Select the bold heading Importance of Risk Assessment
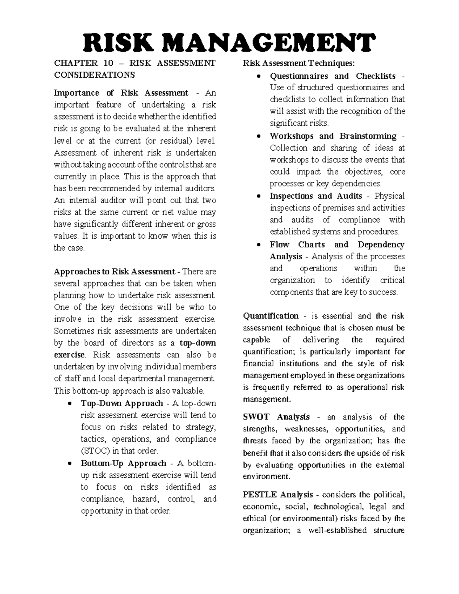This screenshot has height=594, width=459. (121, 93)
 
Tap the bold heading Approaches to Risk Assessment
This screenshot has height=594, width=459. (114, 272)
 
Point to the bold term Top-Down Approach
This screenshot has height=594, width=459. (122, 404)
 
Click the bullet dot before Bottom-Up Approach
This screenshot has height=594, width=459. (69, 464)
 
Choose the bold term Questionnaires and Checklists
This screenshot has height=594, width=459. (332, 76)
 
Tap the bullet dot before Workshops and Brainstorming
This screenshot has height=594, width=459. (260, 137)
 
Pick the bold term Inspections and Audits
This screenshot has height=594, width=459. (316, 196)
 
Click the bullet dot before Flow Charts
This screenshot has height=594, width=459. (260, 245)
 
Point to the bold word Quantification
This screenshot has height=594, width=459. (271, 316)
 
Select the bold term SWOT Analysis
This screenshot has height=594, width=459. (276, 417)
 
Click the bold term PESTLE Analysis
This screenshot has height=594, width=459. (278, 495)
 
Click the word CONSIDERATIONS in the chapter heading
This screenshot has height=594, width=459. (94, 75)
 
